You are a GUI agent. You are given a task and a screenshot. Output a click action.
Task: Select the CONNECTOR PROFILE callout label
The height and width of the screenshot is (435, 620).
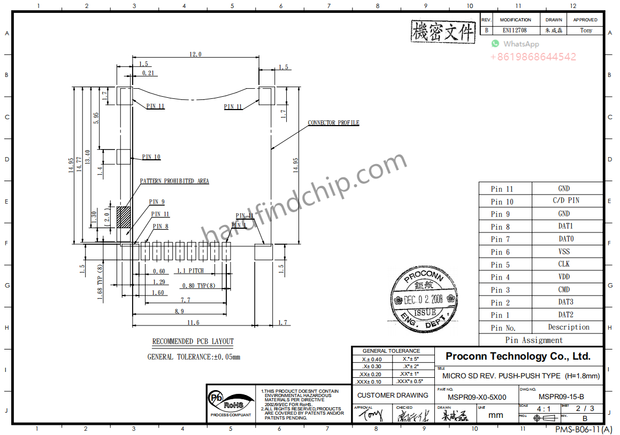(333, 123)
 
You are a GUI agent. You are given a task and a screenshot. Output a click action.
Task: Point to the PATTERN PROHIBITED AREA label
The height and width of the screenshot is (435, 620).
(174, 181)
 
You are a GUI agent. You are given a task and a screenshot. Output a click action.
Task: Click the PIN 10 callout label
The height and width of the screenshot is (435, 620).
(151, 157)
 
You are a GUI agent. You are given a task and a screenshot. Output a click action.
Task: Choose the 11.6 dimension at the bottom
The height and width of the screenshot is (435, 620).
(193, 322)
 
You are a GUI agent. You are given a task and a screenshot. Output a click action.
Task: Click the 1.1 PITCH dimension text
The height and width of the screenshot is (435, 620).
(190, 271)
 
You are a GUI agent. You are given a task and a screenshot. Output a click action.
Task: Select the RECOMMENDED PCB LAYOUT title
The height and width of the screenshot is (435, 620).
(193, 341)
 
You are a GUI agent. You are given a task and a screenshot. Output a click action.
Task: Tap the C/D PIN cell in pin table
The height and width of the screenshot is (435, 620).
(565, 200)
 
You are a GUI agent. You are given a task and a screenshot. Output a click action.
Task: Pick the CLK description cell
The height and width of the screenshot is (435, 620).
(564, 264)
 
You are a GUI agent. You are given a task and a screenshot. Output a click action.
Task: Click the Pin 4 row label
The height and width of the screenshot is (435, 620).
(500, 277)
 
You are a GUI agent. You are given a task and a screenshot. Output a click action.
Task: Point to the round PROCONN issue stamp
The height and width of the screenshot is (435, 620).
(424, 299)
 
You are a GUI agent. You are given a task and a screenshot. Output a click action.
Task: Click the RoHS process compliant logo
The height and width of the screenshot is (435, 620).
(230, 403)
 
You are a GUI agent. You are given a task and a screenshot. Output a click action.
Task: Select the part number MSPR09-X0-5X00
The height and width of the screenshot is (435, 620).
(477, 397)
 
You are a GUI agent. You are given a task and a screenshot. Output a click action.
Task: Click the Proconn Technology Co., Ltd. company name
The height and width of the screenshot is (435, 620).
(518, 356)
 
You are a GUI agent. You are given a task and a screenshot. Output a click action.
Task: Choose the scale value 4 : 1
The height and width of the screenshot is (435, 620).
(544, 409)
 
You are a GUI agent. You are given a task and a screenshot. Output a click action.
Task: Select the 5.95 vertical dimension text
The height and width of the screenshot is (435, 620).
(96, 118)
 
